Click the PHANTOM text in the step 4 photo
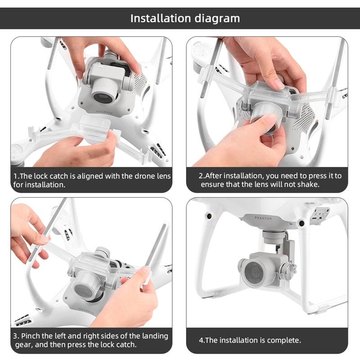click(x=263, y=218)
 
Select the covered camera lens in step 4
click(x=255, y=272)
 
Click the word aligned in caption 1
click(x=89, y=176)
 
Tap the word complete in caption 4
click(x=284, y=340)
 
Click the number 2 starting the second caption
click(x=201, y=175)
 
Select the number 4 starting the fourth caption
click(x=201, y=340)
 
